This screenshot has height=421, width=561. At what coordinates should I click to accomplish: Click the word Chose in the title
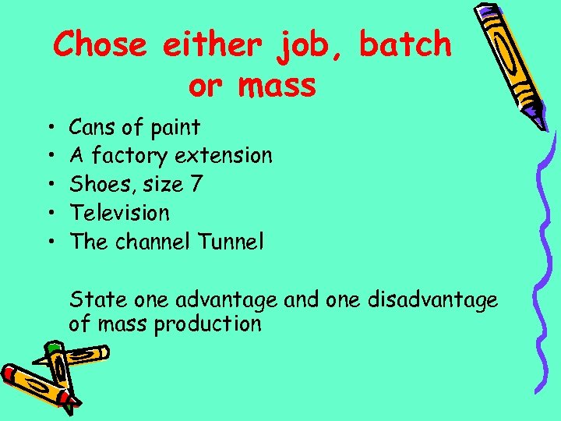tap(100, 45)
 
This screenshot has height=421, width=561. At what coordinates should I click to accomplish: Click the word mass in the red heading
tap(274, 86)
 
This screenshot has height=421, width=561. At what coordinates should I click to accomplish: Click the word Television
tap(119, 212)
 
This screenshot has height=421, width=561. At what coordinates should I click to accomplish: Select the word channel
tap(153, 241)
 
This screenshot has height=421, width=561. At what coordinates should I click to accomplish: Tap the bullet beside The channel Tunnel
tap(49, 242)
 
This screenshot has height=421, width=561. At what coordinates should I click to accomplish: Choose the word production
tap(208, 324)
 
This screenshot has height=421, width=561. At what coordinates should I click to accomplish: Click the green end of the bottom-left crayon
tap(54, 348)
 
